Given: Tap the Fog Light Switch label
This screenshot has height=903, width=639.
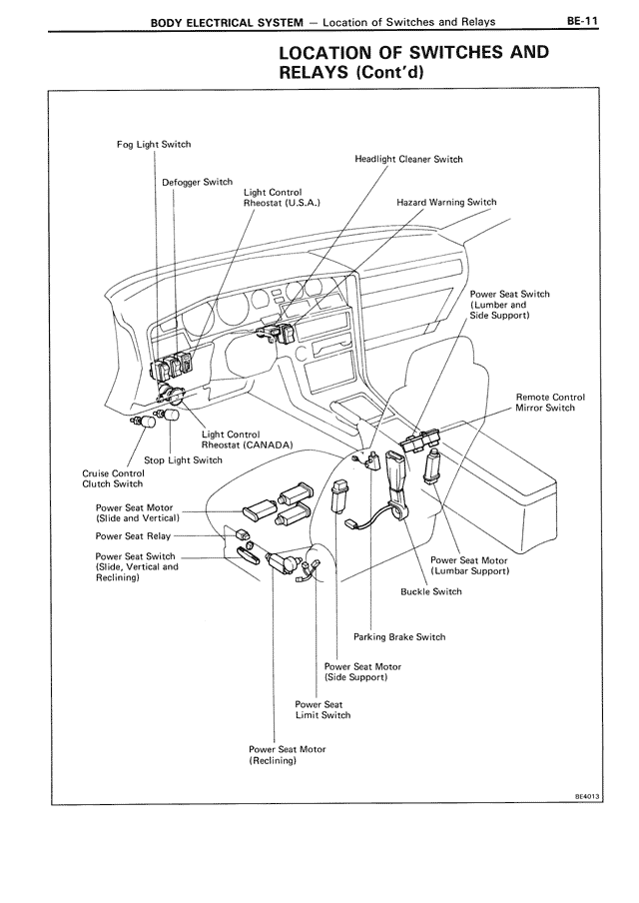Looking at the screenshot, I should [x=154, y=145].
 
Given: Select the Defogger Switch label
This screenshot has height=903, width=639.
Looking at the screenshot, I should [x=197, y=183].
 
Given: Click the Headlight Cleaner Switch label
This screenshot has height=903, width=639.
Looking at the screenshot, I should [x=408, y=159].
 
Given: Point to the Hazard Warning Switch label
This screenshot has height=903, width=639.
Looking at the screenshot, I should [x=445, y=202].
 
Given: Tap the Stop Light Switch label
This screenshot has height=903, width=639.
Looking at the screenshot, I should [x=183, y=460].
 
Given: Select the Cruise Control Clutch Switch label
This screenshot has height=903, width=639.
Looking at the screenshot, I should [x=113, y=478].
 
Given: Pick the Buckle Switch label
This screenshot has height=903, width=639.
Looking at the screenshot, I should [x=430, y=591].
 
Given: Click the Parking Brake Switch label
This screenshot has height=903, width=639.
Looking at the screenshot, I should [x=399, y=637].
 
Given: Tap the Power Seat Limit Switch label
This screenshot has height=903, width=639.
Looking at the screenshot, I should [x=322, y=710].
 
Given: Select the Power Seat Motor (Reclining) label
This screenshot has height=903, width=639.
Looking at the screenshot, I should [x=287, y=755].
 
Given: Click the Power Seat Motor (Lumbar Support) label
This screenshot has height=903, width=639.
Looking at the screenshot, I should [x=470, y=565].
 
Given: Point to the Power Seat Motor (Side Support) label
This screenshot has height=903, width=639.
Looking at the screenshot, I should [x=362, y=672].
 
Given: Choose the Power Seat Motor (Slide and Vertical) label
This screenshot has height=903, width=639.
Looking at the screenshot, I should [x=137, y=512].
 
